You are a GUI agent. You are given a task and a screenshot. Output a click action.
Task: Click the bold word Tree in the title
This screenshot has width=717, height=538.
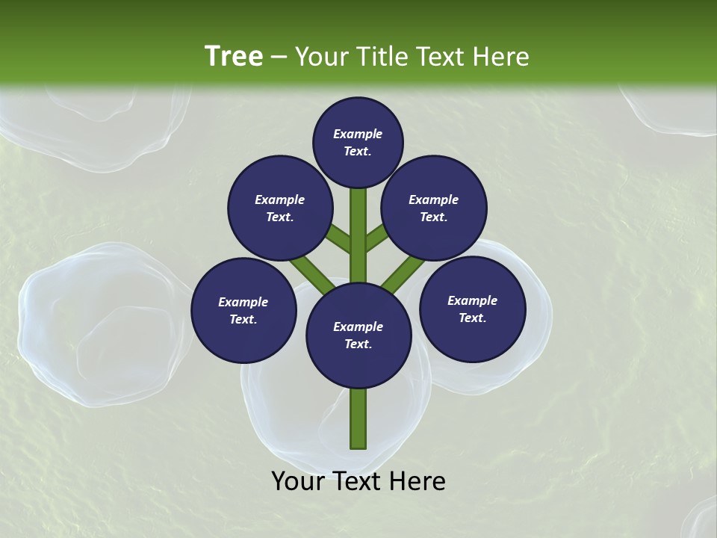click(x=234, y=56)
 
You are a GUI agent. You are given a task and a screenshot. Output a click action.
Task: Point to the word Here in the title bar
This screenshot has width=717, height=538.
click(x=501, y=57)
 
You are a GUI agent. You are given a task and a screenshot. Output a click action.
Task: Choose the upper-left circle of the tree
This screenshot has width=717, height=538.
click(x=280, y=208)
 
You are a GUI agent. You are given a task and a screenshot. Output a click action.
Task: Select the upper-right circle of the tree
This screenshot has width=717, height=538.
click(x=434, y=208)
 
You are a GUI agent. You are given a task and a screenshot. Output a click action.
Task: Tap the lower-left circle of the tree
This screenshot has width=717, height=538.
click(x=243, y=310)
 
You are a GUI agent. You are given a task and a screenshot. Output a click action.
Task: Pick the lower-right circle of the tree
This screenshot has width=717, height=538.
click(x=473, y=309)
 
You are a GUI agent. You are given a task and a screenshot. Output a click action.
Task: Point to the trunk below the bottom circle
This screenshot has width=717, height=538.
click(x=358, y=418)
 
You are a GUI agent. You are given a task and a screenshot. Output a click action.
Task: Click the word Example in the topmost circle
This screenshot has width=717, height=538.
click(x=358, y=134)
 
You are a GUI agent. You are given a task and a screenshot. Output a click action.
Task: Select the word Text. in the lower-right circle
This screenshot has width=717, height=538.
click(x=472, y=318)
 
